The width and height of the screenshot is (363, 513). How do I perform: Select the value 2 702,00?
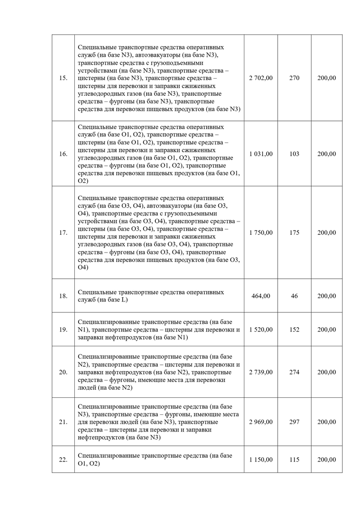point(261,78)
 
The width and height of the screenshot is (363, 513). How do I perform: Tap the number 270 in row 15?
point(294,78)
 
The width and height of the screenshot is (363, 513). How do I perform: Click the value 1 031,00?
point(261,154)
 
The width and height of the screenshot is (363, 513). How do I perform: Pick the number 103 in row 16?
point(294,154)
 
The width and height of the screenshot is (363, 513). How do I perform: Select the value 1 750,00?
point(261,232)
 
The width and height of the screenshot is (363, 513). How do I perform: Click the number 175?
point(294,232)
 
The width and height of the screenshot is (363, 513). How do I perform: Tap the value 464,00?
point(261,296)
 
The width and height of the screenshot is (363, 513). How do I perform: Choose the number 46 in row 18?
point(294,296)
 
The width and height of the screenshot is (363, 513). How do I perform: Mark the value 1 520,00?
point(261,330)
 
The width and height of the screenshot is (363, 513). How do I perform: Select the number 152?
point(294,330)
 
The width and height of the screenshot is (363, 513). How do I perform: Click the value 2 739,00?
point(261,372)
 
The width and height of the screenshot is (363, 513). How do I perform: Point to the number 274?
point(294,372)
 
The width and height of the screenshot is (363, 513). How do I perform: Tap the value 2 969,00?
point(261,422)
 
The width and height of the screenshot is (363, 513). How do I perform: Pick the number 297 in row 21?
point(294,422)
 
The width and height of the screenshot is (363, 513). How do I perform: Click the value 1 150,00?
point(261,460)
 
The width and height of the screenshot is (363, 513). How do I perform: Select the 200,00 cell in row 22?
point(326,460)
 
